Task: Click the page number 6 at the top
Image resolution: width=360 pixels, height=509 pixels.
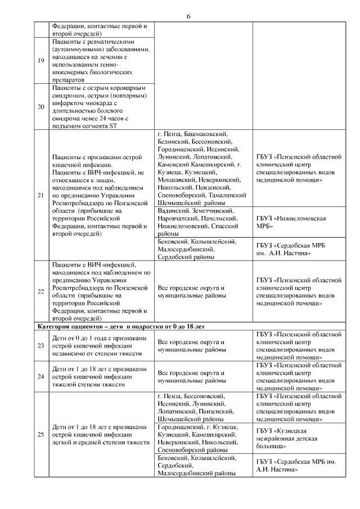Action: pos(188,16)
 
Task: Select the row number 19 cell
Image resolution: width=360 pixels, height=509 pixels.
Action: pos(41,61)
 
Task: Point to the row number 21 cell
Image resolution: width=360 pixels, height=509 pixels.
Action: pos(41,195)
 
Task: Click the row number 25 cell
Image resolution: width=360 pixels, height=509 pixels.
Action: pos(41,434)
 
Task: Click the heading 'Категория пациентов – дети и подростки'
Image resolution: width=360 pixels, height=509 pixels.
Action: pos(121,326)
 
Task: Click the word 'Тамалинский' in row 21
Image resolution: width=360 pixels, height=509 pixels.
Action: pos(228,195)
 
